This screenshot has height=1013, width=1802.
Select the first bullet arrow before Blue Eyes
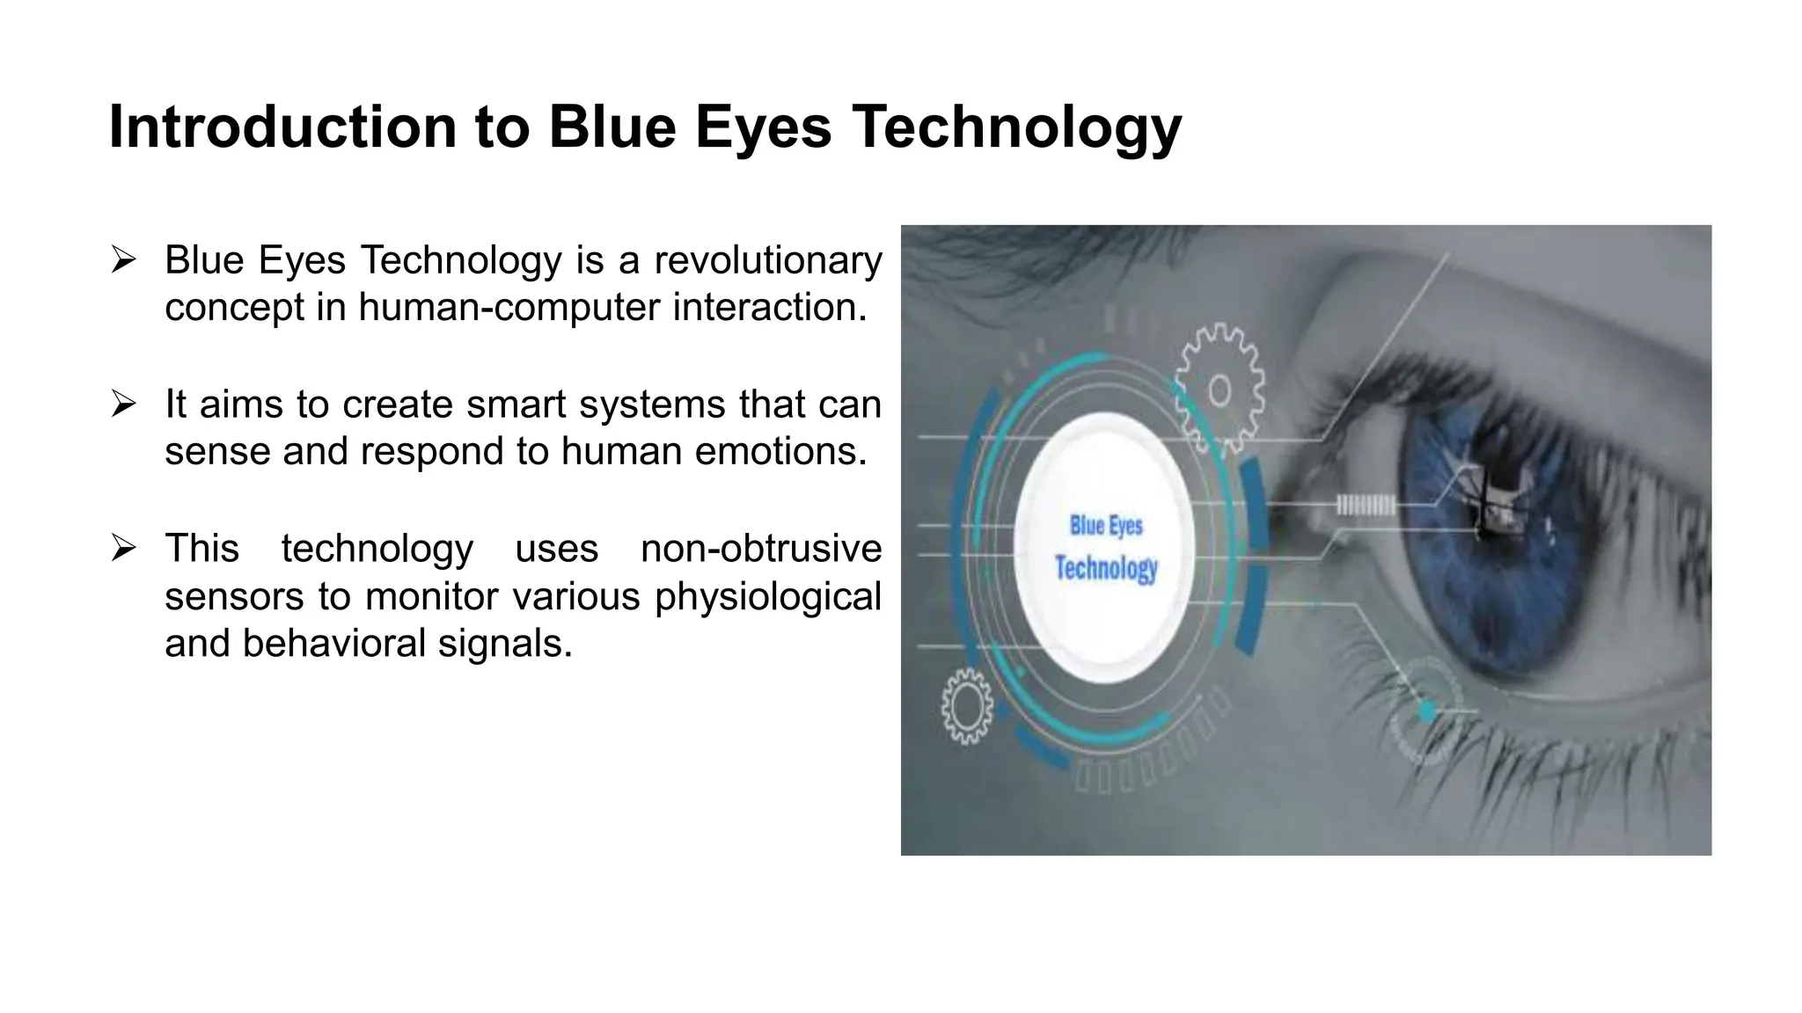click(x=124, y=260)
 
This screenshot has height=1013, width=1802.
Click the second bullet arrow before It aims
click(x=124, y=404)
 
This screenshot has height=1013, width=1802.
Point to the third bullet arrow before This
click(x=124, y=549)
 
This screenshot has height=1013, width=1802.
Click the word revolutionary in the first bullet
click(x=768, y=260)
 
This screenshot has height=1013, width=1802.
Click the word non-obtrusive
click(x=761, y=549)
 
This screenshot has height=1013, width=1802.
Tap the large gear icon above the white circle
click(x=1220, y=389)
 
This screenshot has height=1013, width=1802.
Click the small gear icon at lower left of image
click(x=967, y=705)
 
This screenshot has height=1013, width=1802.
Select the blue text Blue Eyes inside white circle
click(x=1106, y=526)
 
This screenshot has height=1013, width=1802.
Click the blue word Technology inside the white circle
click(x=1106, y=568)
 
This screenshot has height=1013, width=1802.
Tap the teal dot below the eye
click(x=1427, y=710)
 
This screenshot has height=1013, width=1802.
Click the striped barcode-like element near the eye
click(x=1365, y=505)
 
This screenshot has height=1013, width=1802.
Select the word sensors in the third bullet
click(x=234, y=596)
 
